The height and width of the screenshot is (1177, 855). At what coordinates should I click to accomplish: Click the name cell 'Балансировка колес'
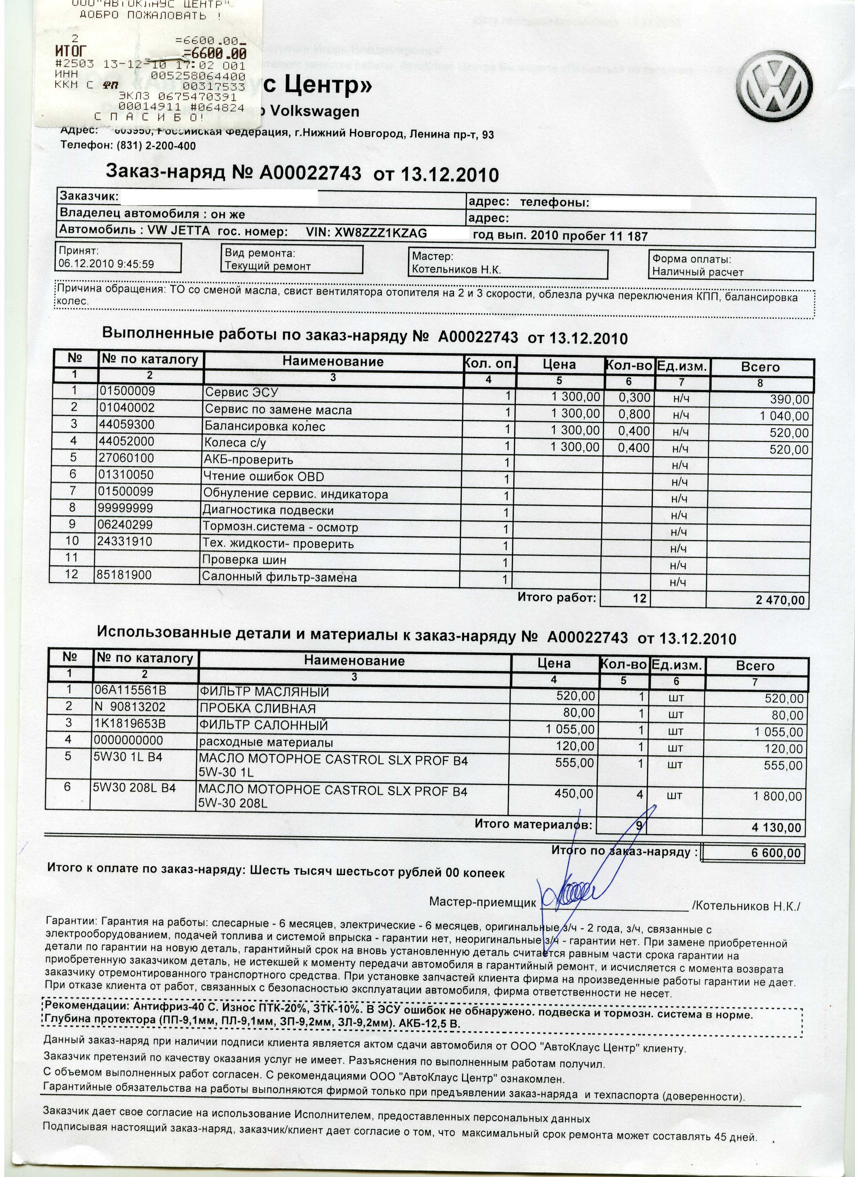tap(265, 427)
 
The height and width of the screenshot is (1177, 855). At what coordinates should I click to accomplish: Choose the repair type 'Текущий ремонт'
tap(268, 266)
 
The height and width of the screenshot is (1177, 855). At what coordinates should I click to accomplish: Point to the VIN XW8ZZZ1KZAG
tap(381, 233)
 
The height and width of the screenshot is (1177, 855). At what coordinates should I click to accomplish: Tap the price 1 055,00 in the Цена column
tap(570, 729)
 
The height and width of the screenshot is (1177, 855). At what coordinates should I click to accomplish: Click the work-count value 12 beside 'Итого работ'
tap(640, 598)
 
